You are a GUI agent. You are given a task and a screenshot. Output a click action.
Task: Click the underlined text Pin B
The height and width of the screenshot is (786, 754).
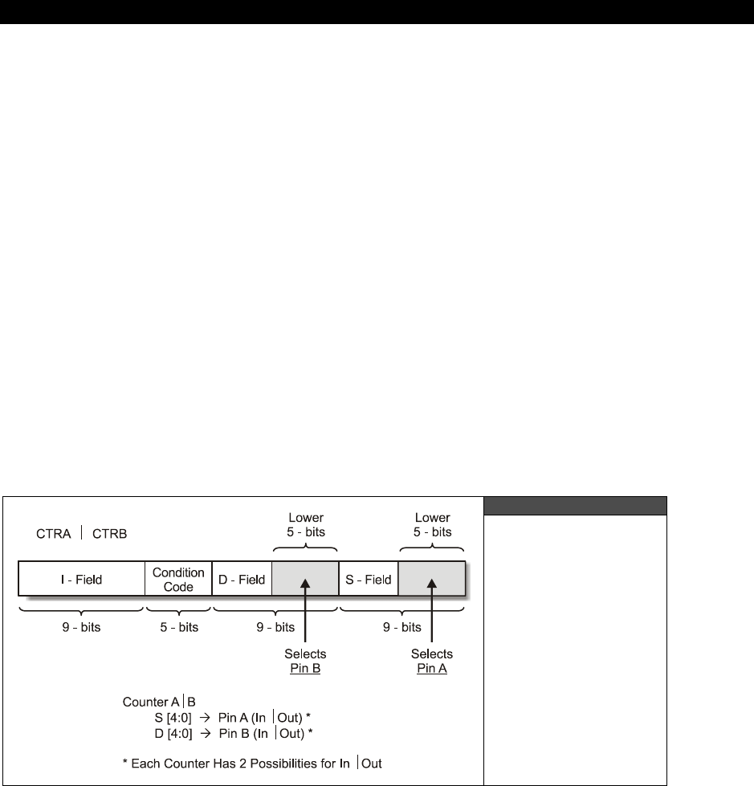tap(305, 668)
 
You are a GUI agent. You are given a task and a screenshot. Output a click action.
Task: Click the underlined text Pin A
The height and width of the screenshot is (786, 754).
tap(432, 668)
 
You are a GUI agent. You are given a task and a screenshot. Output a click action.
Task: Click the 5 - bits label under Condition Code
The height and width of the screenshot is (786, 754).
tap(178, 627)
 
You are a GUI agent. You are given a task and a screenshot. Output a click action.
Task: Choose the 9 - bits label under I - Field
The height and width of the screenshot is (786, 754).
tap(80, 627)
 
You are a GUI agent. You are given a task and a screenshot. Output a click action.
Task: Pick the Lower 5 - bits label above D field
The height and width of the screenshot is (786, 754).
tap(305, 525)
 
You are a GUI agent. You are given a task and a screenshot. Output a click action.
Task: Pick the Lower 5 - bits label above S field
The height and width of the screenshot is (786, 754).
tap(432, 525)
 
